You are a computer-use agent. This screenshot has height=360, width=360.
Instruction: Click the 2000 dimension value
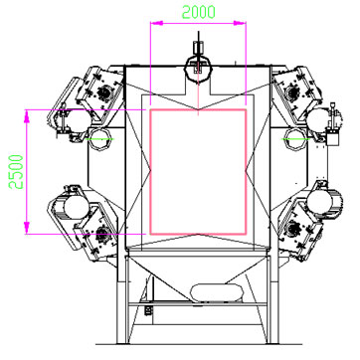(x=199, y=12)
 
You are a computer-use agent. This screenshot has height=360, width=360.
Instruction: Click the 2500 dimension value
(x=16, y=172)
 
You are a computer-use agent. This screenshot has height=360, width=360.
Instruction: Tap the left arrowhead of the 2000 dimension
(x=157, y=23)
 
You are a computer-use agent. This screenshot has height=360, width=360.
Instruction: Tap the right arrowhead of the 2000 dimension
(x=240, y=23)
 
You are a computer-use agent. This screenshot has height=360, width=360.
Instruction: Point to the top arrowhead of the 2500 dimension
(x=27, y=116)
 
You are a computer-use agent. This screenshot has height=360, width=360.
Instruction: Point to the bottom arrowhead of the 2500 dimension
(x=27, y=228)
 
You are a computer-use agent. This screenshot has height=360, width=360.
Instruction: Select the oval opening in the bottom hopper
(x=217, y=292)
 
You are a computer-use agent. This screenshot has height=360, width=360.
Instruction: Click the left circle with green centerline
(x=100, y=139)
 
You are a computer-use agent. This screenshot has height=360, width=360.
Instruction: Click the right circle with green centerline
(x=295, y=139)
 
